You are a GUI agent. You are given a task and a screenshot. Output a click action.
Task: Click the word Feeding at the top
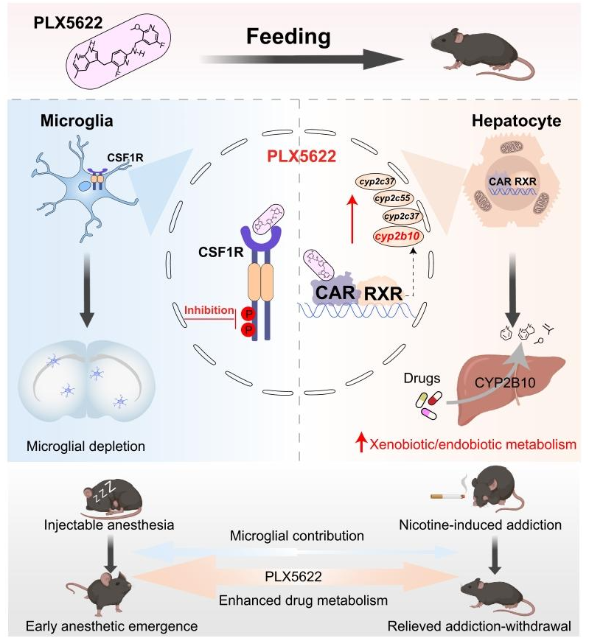[288, 36]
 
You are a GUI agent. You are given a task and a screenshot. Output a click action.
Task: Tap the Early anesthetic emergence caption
[101, 626]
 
